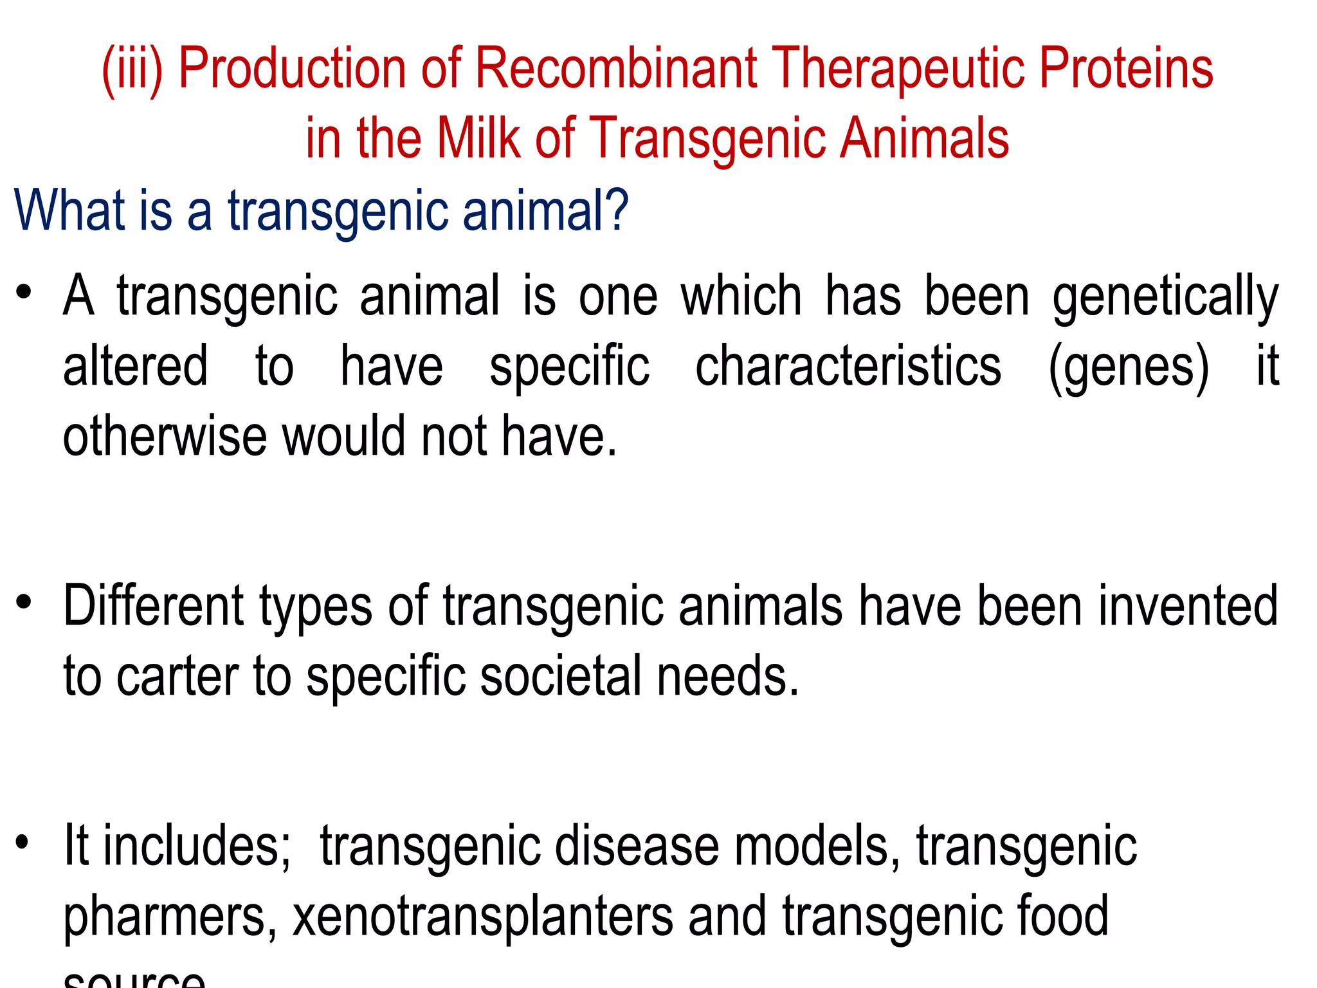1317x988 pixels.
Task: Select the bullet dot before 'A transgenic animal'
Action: pos(24,293)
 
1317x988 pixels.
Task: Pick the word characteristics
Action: pos(848,367)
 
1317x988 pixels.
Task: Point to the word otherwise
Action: pos(165,436)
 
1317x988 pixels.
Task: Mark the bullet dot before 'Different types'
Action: pos(24,602)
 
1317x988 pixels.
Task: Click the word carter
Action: pos(177,677)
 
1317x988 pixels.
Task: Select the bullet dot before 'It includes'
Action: pos(24,841)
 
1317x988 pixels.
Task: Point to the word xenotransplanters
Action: pos(483,916)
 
